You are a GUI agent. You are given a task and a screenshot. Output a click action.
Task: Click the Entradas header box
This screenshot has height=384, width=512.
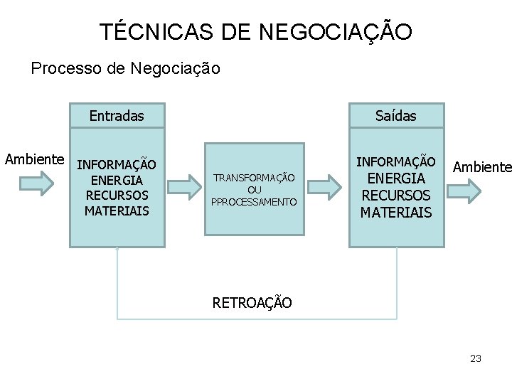[117, 115]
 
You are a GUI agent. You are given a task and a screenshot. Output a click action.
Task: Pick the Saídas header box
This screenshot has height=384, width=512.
[397, 115]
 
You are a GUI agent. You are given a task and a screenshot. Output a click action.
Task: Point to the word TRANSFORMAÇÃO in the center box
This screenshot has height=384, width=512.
[254, 177]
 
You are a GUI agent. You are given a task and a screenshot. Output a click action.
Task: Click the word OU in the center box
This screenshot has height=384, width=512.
[254, 189]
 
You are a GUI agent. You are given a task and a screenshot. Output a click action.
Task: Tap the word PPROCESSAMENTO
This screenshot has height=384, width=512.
[254, 202]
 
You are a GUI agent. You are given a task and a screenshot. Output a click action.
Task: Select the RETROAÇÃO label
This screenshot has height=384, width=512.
[252, 302]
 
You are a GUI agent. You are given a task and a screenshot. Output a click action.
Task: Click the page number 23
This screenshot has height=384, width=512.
[476, 358]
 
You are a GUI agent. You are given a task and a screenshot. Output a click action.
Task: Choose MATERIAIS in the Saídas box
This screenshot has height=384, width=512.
[396, 211]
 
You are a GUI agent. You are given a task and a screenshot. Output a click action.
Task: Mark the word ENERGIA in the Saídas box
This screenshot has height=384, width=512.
[396, 178]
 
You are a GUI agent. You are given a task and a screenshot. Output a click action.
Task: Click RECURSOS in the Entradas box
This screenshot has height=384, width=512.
[117, 195]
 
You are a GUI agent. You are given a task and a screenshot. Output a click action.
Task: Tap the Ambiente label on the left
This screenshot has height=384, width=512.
[35, 159]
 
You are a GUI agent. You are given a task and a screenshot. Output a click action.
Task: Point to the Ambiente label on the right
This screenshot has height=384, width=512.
[481, 167]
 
